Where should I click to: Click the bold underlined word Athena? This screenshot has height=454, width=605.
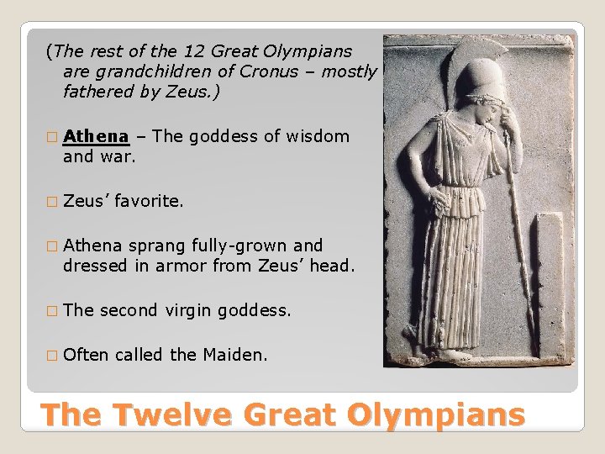(96, 136)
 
